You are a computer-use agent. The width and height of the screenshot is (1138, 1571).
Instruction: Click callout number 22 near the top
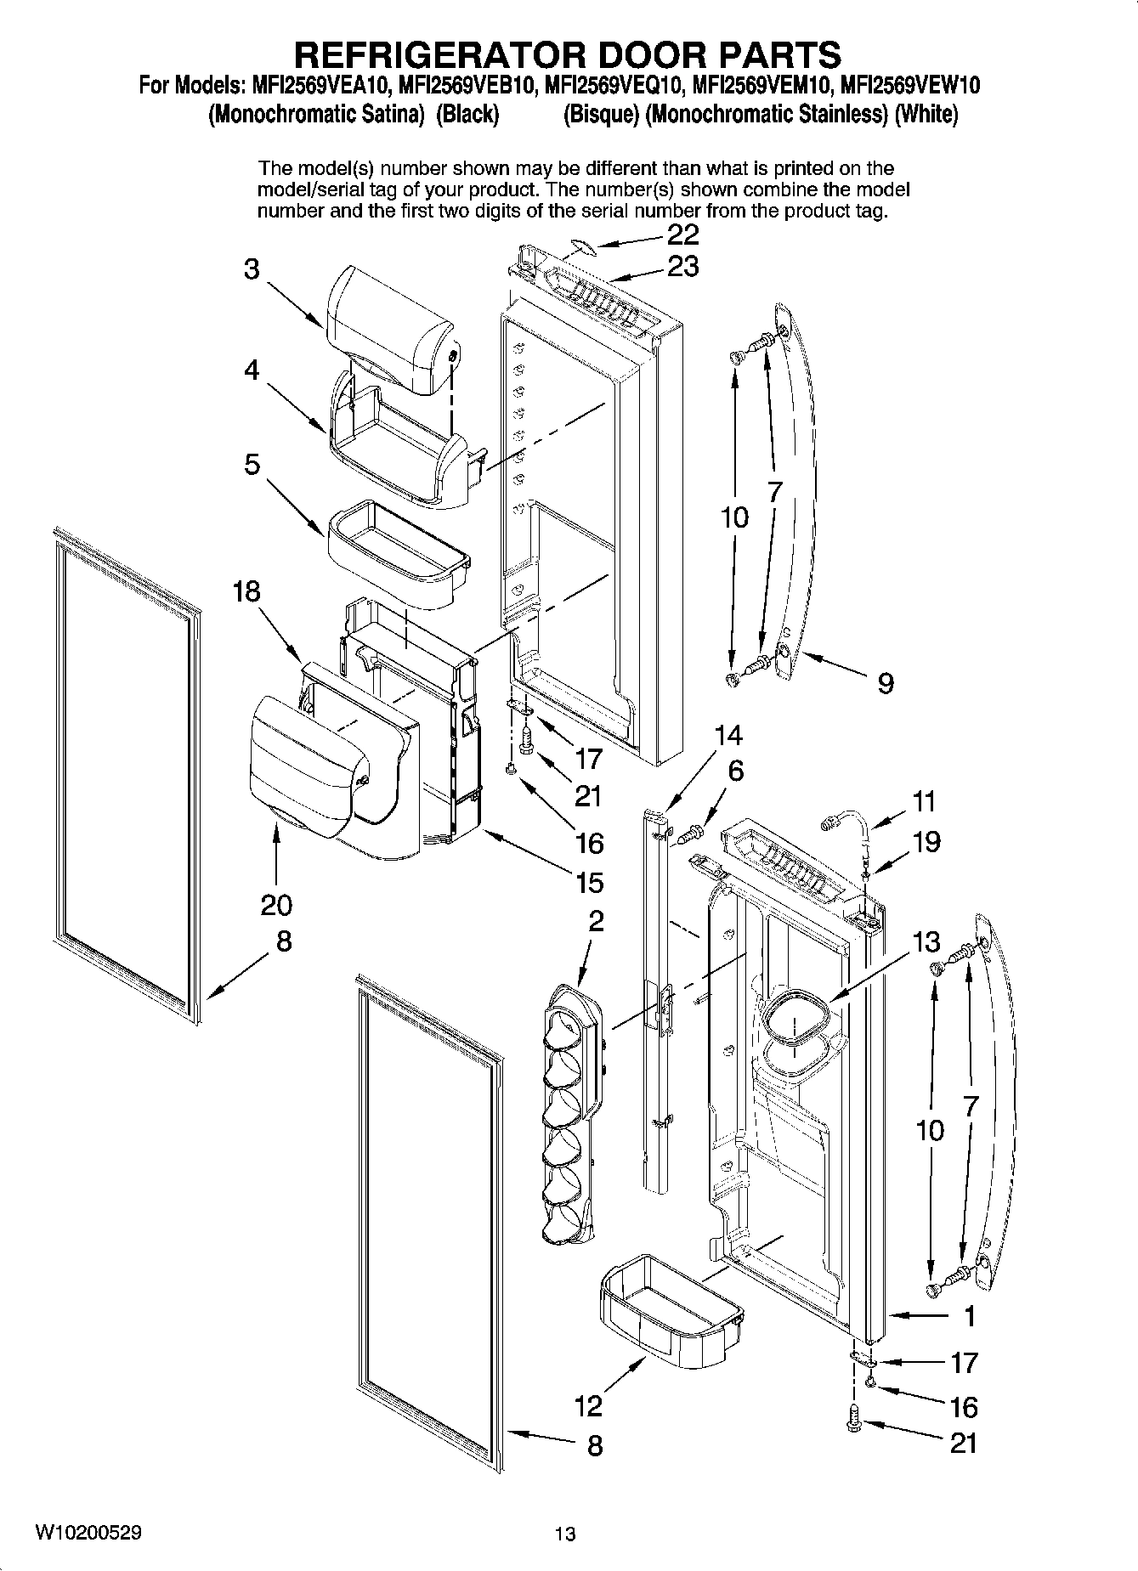[683, 235]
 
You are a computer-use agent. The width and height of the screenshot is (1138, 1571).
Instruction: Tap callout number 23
[683, 267]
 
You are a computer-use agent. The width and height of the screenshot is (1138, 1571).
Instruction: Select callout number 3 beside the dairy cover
[252, 269]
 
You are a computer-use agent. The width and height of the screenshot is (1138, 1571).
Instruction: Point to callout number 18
[247, 591]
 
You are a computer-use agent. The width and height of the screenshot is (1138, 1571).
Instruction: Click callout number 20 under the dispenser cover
[277, 904]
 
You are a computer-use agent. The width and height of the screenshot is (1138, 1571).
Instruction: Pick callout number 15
[588, 882]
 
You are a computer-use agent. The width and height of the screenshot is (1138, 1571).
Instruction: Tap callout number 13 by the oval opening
[927, 941]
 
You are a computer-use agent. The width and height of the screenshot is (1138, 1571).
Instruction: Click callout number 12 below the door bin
[588, 1405]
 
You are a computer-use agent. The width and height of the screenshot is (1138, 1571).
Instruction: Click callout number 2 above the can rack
[597, 920]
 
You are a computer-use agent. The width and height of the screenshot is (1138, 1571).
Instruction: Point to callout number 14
[728, 734]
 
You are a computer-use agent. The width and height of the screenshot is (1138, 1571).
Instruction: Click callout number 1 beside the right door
[970, 1317]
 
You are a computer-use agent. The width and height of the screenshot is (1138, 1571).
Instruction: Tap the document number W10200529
[88, 1533]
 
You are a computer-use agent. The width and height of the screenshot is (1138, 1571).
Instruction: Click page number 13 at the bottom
[564, 1534]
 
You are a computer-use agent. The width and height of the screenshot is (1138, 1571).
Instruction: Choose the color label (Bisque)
[601, 115]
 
